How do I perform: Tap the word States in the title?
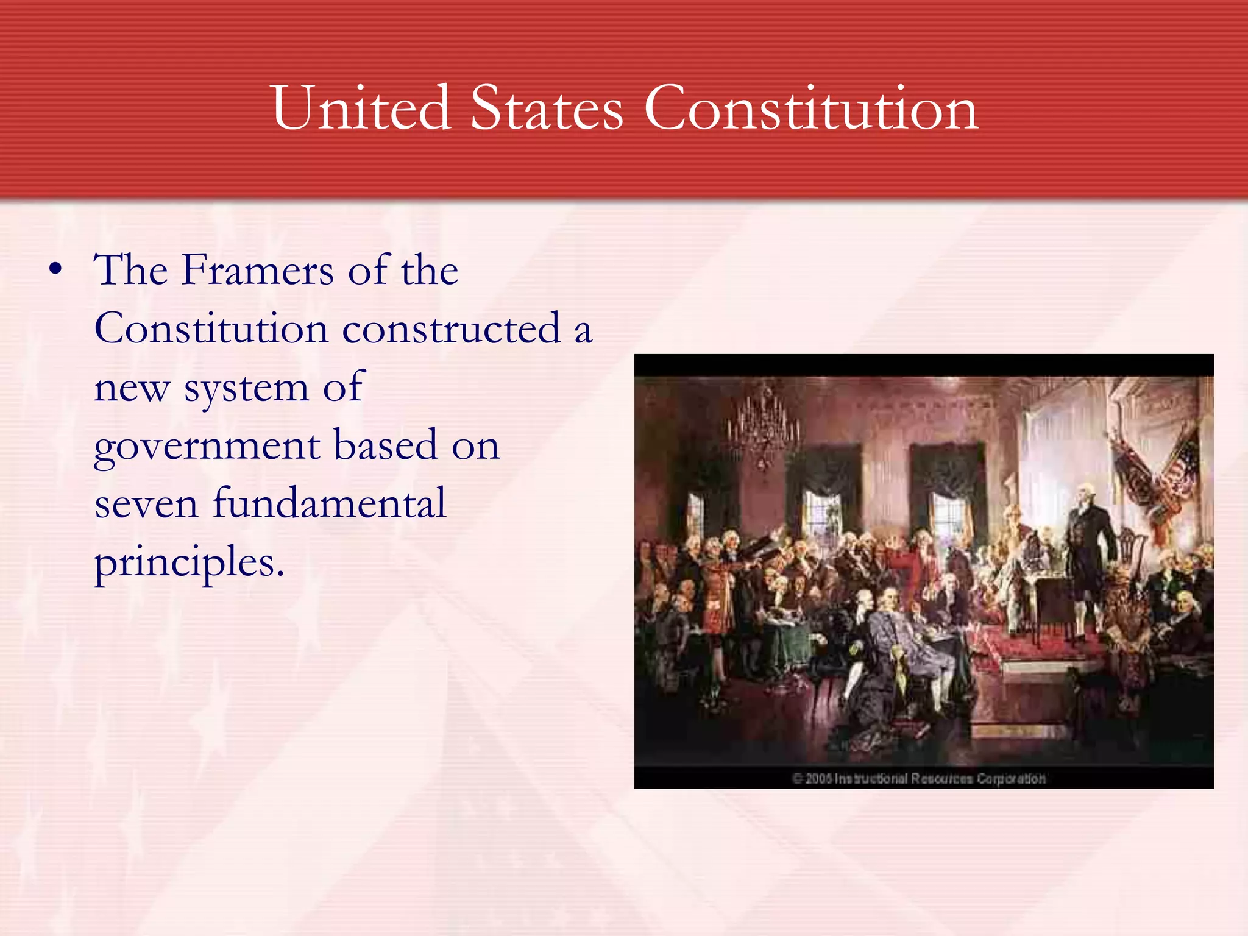[547, 108]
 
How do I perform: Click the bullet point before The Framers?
[55, 269]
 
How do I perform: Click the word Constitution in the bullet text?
[211, 328]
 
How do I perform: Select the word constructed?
[451, 328]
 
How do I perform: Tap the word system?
[247, 388]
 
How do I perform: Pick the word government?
[206, 446]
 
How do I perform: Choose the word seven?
[146, 505]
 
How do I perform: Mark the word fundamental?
[329, 503]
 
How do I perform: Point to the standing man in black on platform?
[1089, 548]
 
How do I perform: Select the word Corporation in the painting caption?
[1012, 779]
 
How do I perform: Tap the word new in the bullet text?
[131, 388]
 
